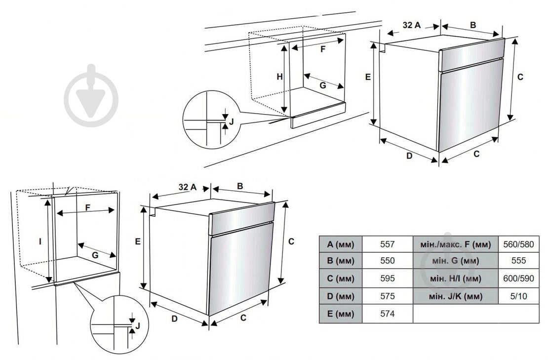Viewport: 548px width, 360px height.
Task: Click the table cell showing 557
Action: pos(388,244)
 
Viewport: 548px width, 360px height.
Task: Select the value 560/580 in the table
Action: pos(518,244)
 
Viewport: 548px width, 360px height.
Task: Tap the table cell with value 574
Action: pos(388,314)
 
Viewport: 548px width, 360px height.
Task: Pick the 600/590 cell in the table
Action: pos(518,279)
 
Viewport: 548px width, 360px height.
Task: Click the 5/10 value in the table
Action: pos(518,296)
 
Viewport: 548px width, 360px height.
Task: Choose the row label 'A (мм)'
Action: pos(341,244)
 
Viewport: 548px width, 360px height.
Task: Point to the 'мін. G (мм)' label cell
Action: pos(455,261)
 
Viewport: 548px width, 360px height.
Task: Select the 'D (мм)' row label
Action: pos(341,296)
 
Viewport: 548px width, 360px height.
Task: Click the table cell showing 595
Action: pos(388,279)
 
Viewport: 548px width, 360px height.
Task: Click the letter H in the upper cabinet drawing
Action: pos(279,77)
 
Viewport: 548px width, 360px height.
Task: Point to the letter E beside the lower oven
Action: pos(138,241)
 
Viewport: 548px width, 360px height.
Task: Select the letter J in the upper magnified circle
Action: pos(231,120)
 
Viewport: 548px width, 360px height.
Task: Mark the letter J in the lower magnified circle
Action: pos(138,325)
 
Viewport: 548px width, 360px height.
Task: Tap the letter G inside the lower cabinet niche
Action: pos(95,255)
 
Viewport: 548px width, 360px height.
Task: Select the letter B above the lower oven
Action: pos(240,186)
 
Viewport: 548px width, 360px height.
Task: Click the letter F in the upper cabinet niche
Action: pos(323,49)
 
